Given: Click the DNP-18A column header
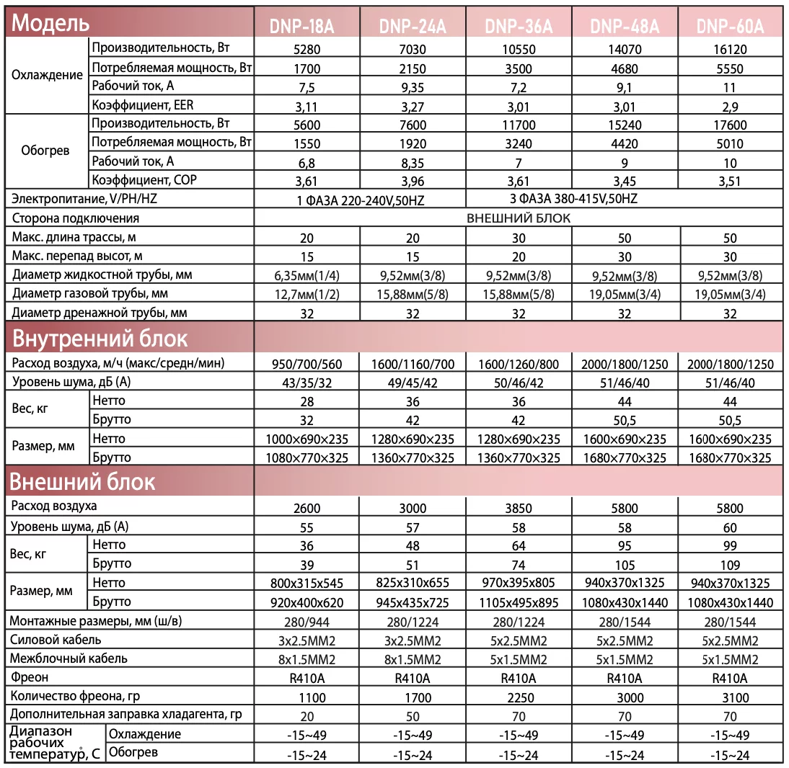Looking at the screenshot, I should coord(307,26).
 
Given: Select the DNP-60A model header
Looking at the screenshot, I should coord(730,26).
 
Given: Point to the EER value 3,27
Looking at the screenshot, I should coord(413,106).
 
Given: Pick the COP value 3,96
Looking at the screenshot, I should coord(413,181).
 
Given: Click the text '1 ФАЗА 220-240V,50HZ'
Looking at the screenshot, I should coord(361,200).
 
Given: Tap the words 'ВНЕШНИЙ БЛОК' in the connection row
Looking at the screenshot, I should coord(519,218).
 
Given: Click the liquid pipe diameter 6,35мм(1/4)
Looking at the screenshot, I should coord(307,275).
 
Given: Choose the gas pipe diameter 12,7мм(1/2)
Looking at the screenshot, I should coord(307,294).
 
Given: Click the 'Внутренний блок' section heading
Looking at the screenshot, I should coord(100,339).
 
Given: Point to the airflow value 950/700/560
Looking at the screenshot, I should coord(307,365).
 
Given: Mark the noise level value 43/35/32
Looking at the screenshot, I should coord(307,383).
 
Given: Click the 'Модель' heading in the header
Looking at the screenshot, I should coord(50,23).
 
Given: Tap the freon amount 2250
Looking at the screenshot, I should coord(518,697).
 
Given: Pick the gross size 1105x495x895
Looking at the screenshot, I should coord(518,602).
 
